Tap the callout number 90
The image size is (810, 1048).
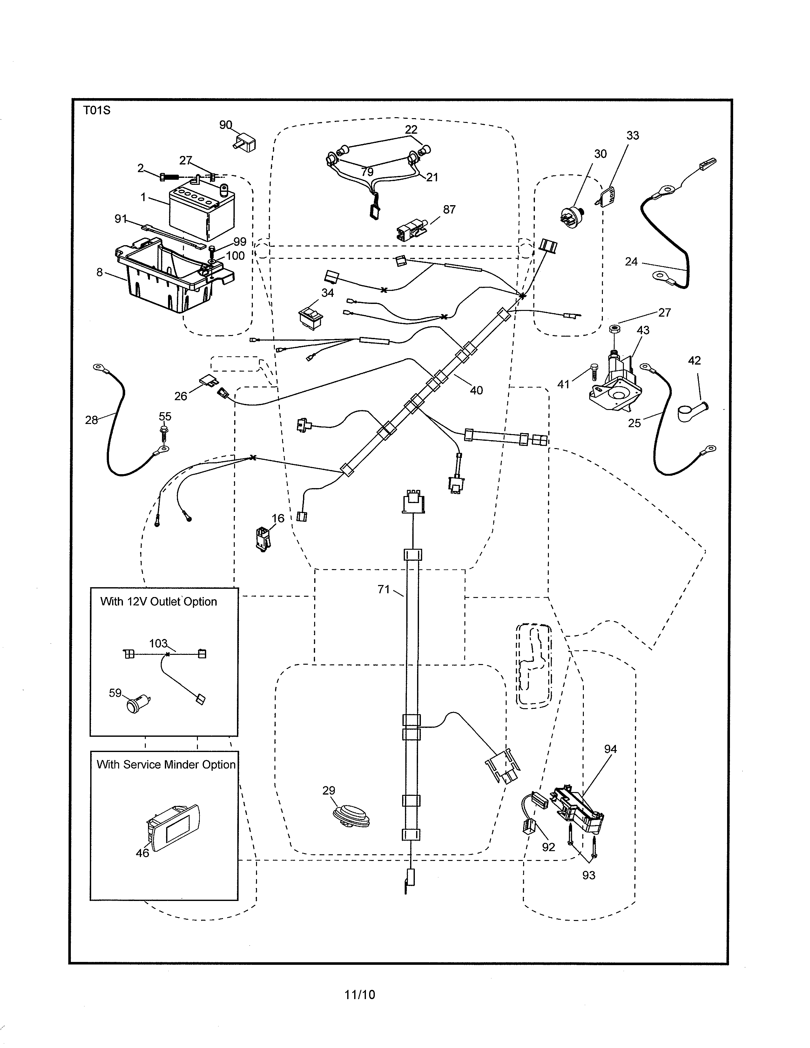pyautogui.click(x=226, y=125)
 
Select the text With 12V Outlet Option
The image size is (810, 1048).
pyautogui.click(x=159, y=602)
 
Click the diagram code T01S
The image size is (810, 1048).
pyautogui.click(x=97, y=111)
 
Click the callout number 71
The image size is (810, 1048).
pyautogui.click(x=383, y=589)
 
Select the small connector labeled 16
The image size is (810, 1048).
pyautogui.click(x=262, y=538)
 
